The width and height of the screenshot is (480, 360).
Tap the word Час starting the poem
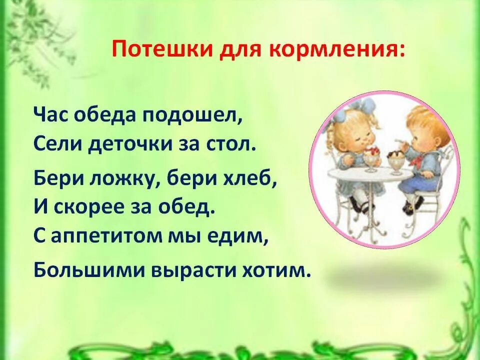click(x=50, y=115)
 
